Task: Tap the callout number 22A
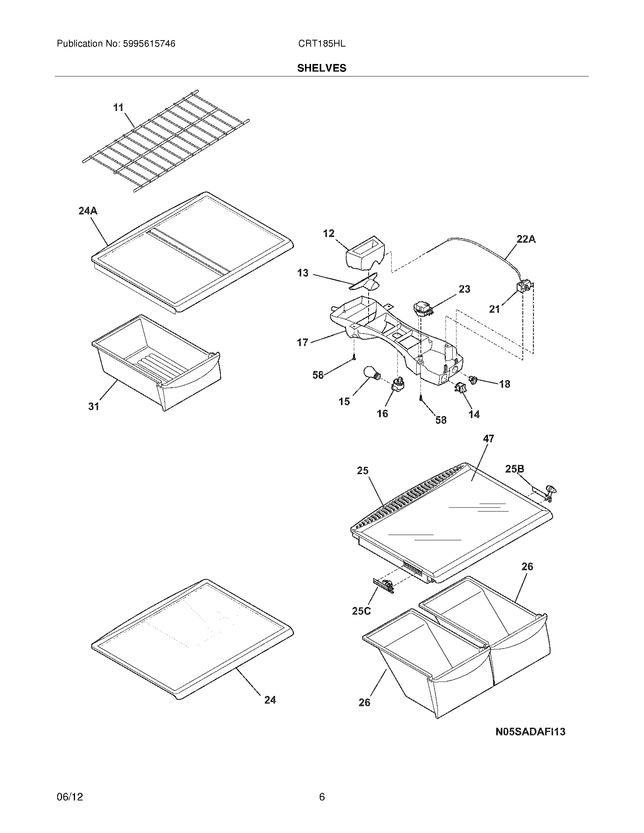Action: click(526, 239)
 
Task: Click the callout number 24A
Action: click(88, 211)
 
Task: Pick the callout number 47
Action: click(488, 438)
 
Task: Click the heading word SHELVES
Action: click(322, 68)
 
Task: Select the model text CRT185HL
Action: click(322, 44)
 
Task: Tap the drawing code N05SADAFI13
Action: click(530, 732)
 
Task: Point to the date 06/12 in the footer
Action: click(69, 797)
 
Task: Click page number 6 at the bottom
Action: click(322, 797)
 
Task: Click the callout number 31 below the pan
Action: click(94, 407)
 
